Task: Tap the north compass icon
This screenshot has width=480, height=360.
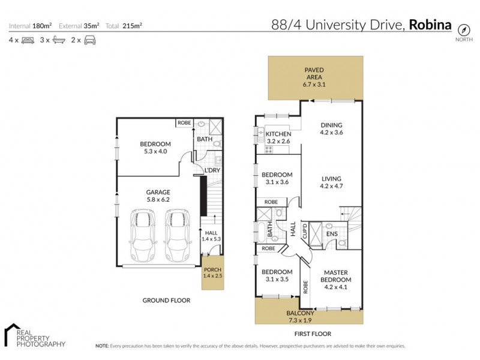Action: coord(463,30)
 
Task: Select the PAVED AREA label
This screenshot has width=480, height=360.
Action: coord(314,73)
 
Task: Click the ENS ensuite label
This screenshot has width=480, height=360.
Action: coord(331,233)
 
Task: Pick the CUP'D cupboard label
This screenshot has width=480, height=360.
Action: coord(305,230)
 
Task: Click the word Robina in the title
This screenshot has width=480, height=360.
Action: coord(431,25)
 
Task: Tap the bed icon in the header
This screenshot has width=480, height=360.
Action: coord(27,41)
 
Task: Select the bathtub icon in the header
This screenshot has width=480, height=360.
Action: coord(59,41)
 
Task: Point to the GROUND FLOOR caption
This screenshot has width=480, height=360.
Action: coord(166,300)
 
